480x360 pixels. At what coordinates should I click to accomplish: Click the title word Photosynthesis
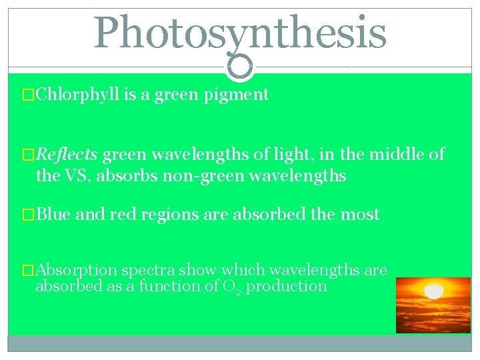point(240,33)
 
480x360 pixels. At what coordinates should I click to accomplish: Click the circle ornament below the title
point(240,66)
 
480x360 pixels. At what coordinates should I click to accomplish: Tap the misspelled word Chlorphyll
point(78,95)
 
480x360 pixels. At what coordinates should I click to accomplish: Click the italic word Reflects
point(67,155)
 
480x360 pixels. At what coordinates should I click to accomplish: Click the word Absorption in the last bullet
point(77,270)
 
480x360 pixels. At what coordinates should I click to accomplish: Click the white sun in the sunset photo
point(434,292)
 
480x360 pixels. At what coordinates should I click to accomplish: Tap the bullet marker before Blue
point(28,215)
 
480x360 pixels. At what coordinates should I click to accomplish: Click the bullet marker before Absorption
point(28,270)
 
